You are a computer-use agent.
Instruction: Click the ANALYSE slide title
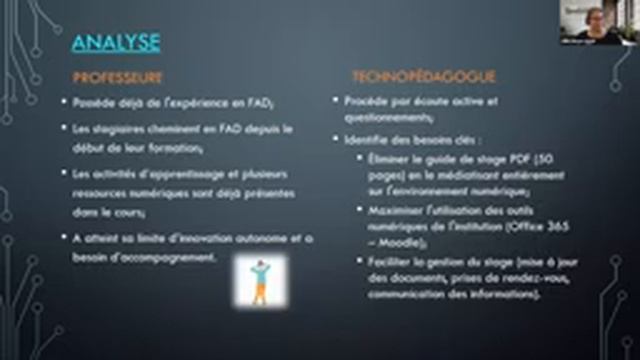tap(116, 42)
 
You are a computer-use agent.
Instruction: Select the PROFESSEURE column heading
tap(118, 77)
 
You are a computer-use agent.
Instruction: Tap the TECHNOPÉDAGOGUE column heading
tap(410, 77)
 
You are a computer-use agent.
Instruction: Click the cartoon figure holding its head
tap(260, 280)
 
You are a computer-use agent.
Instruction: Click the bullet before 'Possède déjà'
tap(64, 102)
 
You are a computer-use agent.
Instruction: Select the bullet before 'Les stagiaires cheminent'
tap(64, 129)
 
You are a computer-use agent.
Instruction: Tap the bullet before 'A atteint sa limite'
tap(64, 239)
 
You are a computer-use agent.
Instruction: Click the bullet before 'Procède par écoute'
tap(336, 102)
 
